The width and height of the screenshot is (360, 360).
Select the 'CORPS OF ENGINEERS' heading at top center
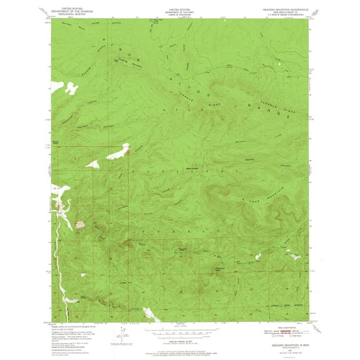coord(180,14)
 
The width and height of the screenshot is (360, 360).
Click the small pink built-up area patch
coord(80,223)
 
